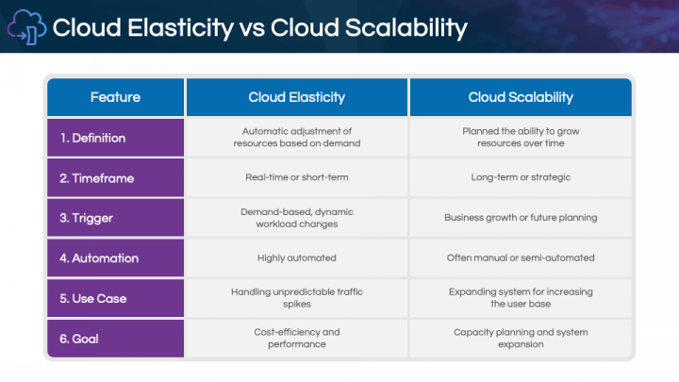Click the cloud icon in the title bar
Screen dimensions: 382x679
[26, 27]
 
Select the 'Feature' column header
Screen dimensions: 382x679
[115, 97]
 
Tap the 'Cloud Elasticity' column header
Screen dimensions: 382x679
[297, 97]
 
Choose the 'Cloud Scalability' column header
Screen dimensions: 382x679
[521, 97]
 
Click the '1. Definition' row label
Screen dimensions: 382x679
[92, 138]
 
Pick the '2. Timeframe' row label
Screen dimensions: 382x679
[96, 177]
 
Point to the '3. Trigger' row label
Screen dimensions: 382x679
[86, 218]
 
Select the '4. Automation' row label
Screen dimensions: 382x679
[99, 257]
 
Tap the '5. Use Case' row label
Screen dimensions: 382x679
[93, 298]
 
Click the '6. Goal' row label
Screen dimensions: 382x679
[80, 338]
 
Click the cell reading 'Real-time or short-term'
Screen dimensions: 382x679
[297, 177]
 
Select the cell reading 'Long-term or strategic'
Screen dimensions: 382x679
[521, 177]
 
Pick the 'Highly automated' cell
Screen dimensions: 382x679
[297, 257]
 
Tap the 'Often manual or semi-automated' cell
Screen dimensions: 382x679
[521, 257]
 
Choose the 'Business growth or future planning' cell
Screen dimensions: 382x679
[521, 218]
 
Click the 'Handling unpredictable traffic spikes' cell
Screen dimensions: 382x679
[297, 298]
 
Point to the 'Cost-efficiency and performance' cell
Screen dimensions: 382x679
[297, 338]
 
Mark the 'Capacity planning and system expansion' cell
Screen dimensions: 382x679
[521, 338]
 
